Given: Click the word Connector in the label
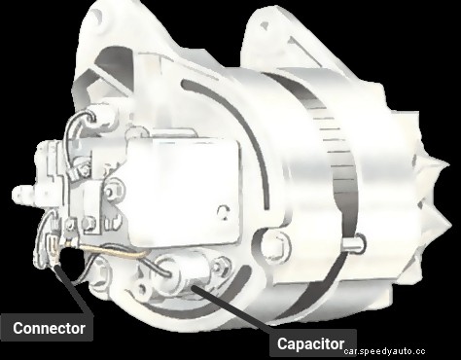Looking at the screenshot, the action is (x=49, y=328).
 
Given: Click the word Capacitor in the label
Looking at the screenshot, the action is (x=310, y=343).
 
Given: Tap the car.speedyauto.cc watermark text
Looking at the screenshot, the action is (x=384, y=351).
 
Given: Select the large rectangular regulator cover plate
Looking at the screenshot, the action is (x=183, y=193).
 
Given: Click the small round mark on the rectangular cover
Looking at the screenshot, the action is (x=223, y=211).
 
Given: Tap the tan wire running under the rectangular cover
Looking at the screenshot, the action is (x=110, y=250).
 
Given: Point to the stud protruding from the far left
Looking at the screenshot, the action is (x=24, y=194).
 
